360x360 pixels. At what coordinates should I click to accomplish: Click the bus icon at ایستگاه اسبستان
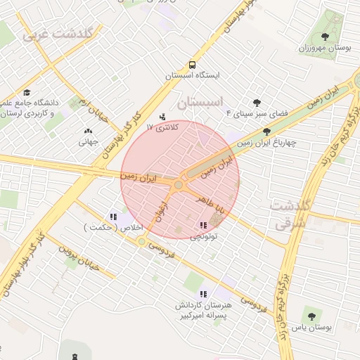pos(193,63)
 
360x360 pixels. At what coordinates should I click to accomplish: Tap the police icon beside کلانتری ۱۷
pos(164,117)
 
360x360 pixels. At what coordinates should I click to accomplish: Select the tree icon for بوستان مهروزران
pos(324,37)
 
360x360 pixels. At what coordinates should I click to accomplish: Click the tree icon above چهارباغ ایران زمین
pos(266,131)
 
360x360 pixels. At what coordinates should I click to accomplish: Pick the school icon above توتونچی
pos(202,225)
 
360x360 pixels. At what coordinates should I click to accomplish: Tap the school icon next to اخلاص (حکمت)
pos(113,217)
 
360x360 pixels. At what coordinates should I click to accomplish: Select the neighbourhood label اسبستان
pos(205,102)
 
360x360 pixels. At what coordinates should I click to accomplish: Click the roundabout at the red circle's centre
pos(179,185)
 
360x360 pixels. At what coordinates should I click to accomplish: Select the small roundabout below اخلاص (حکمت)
pos(141,241)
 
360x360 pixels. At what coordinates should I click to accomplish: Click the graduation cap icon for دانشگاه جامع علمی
pos(27,92)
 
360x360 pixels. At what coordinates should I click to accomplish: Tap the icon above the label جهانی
pos(88,131)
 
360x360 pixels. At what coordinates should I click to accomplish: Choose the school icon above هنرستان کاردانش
pos(203,294)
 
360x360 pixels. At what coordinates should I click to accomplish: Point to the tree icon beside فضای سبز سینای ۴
pos(257,102)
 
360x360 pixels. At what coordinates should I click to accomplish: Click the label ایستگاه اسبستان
pos(193,75)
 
